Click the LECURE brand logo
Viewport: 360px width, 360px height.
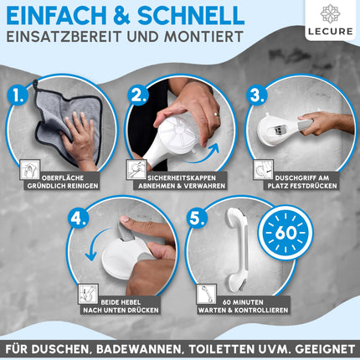331,20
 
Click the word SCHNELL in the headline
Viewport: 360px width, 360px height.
191,15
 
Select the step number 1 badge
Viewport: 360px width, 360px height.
18,96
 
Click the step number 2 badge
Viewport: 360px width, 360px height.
138,95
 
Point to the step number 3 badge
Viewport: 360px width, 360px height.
257,95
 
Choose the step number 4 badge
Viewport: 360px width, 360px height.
79,219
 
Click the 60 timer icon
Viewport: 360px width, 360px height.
285,233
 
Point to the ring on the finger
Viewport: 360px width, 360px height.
215,115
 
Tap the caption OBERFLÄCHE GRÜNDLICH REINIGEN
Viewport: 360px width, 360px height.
63,182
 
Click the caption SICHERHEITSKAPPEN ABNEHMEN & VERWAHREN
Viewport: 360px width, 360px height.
182,182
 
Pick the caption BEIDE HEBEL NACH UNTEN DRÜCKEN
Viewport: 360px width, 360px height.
121,306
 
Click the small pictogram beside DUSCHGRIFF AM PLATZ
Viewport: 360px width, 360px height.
263,169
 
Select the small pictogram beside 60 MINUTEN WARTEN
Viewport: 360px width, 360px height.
207,294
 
